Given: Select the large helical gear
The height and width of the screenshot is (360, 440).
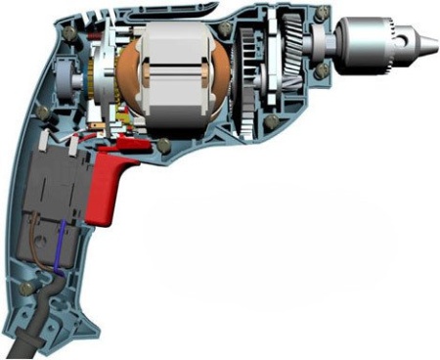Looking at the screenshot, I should click(x=291, y=59).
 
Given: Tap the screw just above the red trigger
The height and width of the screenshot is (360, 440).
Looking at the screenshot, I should click(x=161, y=146).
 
